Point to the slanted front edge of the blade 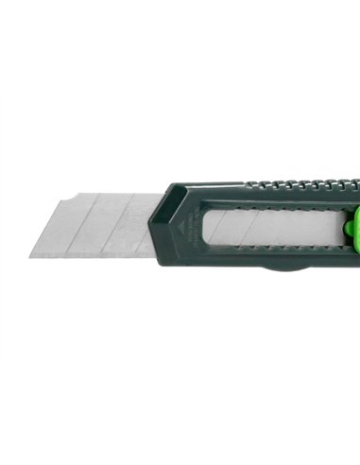[x=47, y=227]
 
